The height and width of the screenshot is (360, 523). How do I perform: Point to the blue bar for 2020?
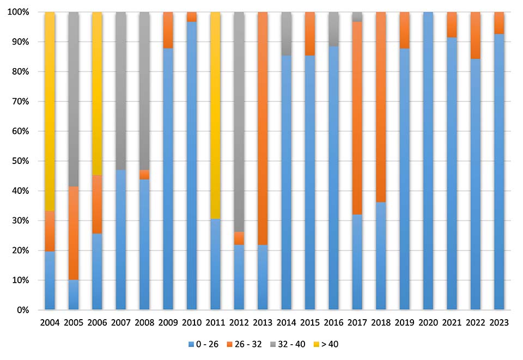[x=428, y=161]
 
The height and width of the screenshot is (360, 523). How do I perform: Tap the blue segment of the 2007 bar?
[x=120, y=240]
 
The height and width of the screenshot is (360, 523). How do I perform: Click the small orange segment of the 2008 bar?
[x=144, y=174]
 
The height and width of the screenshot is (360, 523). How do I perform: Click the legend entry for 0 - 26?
[x=203, y=344]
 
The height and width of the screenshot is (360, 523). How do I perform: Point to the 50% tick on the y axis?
[x=23, y=161]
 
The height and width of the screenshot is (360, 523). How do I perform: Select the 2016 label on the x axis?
[x=333, y=323]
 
